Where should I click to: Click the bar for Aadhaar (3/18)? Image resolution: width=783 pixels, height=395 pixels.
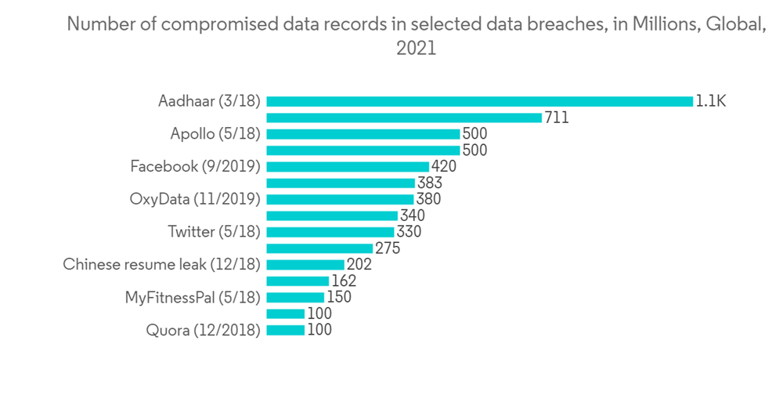tap(479, 101)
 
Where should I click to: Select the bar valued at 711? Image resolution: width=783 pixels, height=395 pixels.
tap(404, 118)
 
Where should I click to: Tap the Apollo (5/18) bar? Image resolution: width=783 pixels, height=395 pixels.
tap(363, 134)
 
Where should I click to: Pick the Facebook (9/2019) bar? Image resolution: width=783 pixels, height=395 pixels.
tap(348, 166)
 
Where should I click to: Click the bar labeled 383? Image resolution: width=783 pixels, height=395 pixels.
tap(341, 183)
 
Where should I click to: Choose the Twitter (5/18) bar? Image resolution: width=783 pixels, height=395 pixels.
tap(330, 232)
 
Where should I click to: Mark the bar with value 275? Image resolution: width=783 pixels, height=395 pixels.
tap(319, 248)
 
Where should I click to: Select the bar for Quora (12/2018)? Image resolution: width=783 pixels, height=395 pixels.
tap(285, 330)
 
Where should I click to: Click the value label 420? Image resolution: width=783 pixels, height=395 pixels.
tap(444, 166)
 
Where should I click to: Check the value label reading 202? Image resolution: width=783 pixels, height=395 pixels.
tap(359, 265)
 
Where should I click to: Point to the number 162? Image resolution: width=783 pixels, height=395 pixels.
tap(343, 281)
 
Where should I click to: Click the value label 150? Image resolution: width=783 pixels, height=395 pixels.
tap(338, 298)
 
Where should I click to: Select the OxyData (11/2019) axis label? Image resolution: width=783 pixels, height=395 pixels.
tap(195, 199)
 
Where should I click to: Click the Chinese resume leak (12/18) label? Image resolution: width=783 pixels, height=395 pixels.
tap(161, 265)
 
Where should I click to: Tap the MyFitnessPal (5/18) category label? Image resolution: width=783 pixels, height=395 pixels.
tap(193, 298)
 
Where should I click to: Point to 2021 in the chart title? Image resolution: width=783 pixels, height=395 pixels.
tap(416, 49)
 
